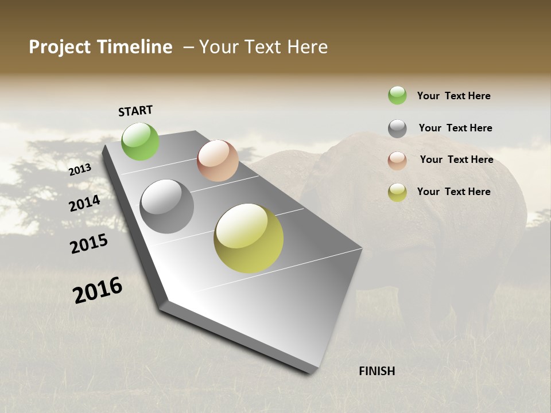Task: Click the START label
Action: pos(135,111)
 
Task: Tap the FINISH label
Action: pos(377,371)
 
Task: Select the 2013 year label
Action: pos(80,170)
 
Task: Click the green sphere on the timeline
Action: pos(140,141)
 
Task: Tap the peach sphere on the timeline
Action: pos(218,161)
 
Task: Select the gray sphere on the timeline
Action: pos(166,206)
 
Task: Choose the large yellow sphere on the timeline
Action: pos(249,238)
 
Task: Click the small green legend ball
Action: pos(397,95)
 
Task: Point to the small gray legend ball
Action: pos(397,128)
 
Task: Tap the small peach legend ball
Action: pos(397,161)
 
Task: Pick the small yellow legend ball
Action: pos(397,192)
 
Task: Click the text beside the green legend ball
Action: pos(453,96)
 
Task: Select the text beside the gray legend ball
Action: pos(455,128)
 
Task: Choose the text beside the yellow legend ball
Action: pos(453,192)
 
